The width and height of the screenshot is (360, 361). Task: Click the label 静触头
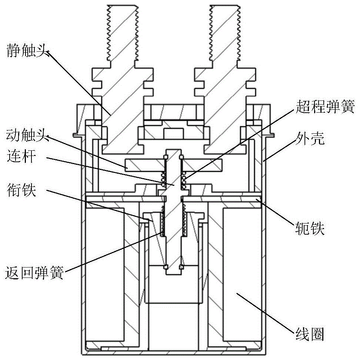[25, 50]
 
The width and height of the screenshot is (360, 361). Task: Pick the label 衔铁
[21, 191]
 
